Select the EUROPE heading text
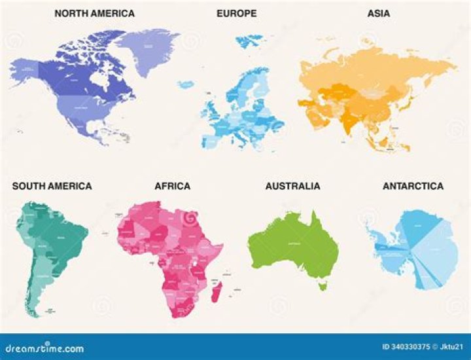point(237,13)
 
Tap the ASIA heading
point(378,13)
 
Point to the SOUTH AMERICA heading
point(52,187)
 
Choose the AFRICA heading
point(172,187)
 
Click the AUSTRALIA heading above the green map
point(292,187)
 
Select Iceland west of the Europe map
point(185,83)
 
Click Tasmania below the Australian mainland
point(321,286)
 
